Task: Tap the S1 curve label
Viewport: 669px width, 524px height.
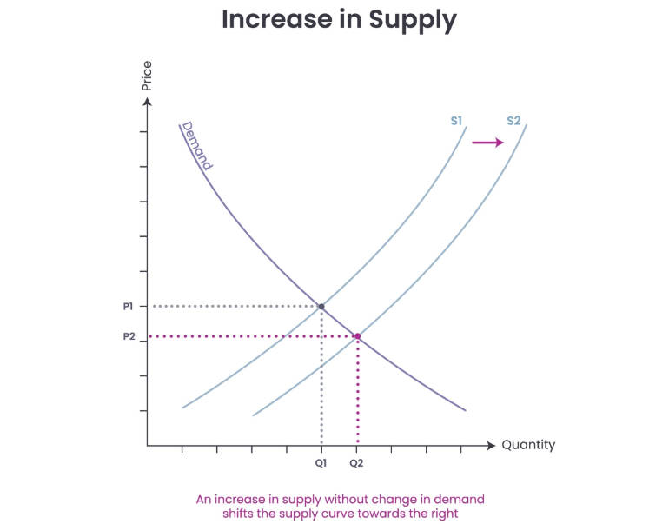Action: coord(457,121)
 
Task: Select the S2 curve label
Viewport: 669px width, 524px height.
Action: coord(513,121)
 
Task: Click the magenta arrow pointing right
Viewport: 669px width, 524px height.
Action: coord(487,143)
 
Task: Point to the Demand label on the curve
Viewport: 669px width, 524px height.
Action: coord(197,145)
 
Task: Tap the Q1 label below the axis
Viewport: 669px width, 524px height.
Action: coord(321,463)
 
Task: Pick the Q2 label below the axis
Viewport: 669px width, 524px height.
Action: coord(356,463)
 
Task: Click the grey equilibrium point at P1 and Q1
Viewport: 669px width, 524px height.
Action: coord(321,307)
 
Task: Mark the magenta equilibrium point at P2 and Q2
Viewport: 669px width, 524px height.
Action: coord(356,336)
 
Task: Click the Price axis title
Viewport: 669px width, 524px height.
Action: coord(147,76)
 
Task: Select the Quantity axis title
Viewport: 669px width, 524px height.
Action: coord(528,445)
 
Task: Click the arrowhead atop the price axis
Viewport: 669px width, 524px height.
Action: coord(148,103)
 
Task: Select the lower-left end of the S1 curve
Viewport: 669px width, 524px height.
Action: coord(184,406)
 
